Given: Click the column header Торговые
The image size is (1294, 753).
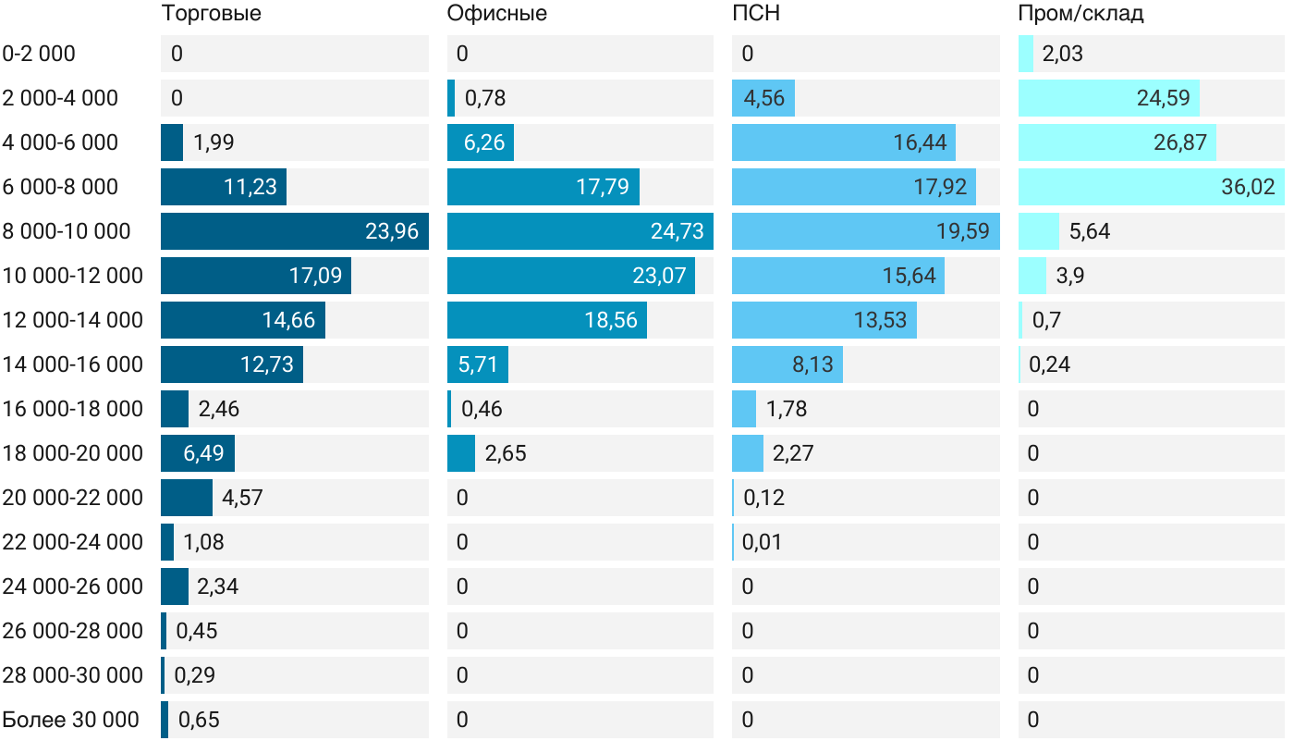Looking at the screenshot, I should (x=211, y=14).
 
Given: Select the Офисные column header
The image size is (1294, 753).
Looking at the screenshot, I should (x=496, y=14).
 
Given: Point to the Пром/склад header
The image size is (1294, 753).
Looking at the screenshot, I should (x=1080, y=14).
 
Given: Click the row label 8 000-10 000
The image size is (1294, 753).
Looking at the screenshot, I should (x=67, y=231).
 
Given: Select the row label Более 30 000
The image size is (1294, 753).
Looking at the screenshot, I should (x=70, y=720).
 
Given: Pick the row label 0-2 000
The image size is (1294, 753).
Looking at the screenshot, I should (x=39, y=54).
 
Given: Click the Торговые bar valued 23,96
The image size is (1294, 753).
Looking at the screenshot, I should (x=294, y=231).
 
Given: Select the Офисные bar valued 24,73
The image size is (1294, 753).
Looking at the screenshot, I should (x=580, y=231).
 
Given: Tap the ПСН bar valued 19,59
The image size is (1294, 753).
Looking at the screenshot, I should (x=865, y=231).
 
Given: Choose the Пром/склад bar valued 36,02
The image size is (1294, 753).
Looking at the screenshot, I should (x=1151, y=187).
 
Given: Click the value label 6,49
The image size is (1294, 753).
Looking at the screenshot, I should (x=197, y=453).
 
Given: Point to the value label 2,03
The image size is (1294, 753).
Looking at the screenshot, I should (x=1062, y=54).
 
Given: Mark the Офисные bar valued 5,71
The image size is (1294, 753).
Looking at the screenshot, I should (x=477, y=364).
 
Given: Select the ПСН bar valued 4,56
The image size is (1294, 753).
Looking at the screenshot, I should (x=763, y=98).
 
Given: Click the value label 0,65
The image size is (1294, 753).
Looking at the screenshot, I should (x=199, y=720).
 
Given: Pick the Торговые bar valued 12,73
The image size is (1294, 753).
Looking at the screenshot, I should (x=231, y=364).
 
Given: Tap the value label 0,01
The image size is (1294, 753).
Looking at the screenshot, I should (x=763, y=542).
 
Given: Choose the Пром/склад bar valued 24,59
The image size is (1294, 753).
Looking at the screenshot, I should (x=1108, y=98).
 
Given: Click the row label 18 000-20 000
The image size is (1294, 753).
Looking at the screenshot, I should (x=73, y=453).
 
